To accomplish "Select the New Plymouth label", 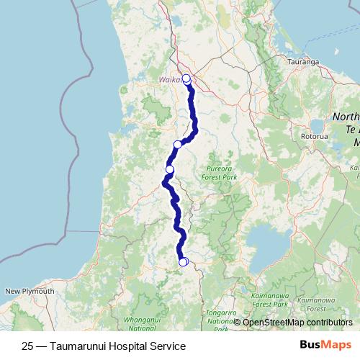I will [x=30, y=291].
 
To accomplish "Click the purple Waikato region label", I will [x=171, y=79].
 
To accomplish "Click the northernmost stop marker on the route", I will [x=186, y=78].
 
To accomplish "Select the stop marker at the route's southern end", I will [x=183, y=261].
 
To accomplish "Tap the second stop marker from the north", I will [x=178, y=145].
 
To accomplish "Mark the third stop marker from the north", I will [x=170, y=169].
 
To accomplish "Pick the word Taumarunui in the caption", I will [x=79, y=346].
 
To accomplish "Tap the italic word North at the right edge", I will [x=346, y=117].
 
